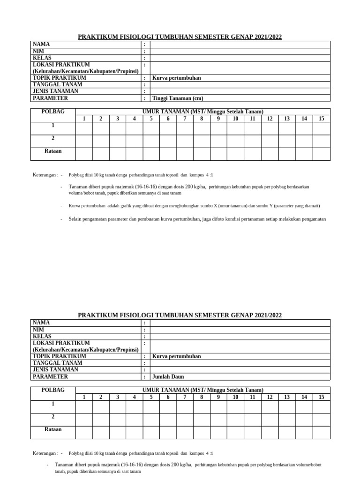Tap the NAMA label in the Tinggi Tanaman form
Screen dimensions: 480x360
pyautogui.click(x=41, y=44)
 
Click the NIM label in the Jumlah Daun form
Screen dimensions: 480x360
pyautogui.click(x=38, y=330)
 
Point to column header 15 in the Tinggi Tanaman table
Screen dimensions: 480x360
pyautogui.click(x=321, y=119)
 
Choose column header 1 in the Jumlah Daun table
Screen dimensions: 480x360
pyautogui.click(x=84, y=397)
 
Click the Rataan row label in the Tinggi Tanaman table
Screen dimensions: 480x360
pyautogui.click(x=53, y=151)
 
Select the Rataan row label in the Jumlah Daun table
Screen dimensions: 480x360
pyautogui.click(x=53, y=429)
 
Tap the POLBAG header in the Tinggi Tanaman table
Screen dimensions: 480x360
pyautogui.click(x=53, y=112)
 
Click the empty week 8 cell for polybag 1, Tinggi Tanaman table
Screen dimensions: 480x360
pyautogui.click(x=202, y=128)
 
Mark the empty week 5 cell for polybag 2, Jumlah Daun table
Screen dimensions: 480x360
pyautogui.click(x=151, y=420)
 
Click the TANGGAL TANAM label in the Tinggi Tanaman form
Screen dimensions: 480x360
pyautogui.click(x=57, y=84)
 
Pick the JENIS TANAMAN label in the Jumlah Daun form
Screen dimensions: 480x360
pyautogui.click(x=55, y=369)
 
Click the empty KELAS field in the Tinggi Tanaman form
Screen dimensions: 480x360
pyautogui.click(x=240, y=58)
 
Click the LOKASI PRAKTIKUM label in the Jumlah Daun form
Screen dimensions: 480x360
pyautogui.click(x=61, y=343)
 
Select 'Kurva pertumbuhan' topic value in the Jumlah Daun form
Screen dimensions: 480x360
pyautogui.click(x=177, y=356)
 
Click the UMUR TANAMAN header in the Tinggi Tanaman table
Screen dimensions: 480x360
pyautogui.click(x=203, y=112)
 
